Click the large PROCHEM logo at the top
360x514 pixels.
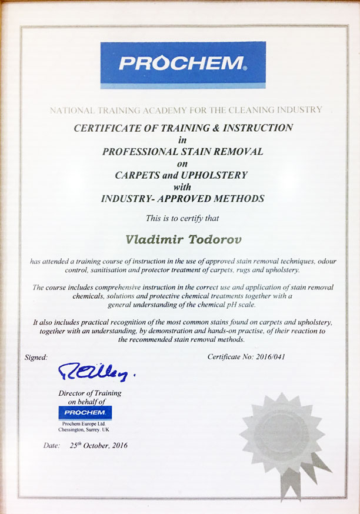pos(182,64)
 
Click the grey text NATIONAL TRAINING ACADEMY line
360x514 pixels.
pos(185,109)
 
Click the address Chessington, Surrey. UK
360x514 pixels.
pos(86,430)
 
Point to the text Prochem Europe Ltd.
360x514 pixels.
pos(85,423)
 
